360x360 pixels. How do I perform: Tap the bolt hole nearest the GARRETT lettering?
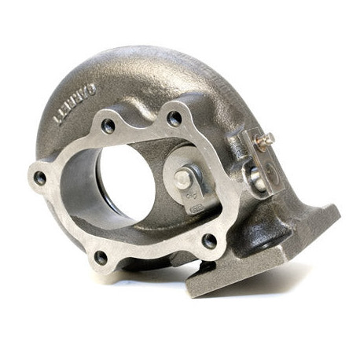click(x=108, y=126)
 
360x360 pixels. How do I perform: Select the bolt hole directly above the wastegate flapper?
click(x=174, y=119)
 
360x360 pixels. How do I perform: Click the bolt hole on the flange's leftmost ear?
click(x=39, y=178)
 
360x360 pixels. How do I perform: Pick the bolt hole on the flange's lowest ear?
click(x=101, y=256)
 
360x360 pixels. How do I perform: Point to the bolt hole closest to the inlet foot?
click(x=209, y=241)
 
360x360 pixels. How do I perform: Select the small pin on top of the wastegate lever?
click(x=266, y=139)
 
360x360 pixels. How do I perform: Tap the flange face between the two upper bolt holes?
click(x=141, y=122)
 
